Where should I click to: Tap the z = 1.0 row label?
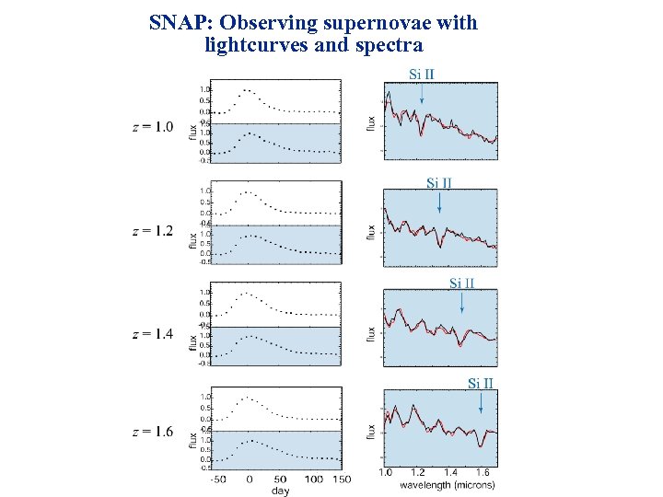coord(152,127)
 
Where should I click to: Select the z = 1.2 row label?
coord(152,231)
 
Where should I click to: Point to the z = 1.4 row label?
coord(152,333)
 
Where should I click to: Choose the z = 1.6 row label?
coord(152,432)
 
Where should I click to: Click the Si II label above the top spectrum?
coord(422,74)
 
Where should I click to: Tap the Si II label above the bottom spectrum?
coord(481,383)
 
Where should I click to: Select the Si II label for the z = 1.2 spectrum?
coord(439,182)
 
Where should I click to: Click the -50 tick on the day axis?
coord(217,480)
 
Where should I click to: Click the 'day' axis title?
coord(280,491)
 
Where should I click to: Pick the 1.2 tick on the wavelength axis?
coord(418,473)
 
